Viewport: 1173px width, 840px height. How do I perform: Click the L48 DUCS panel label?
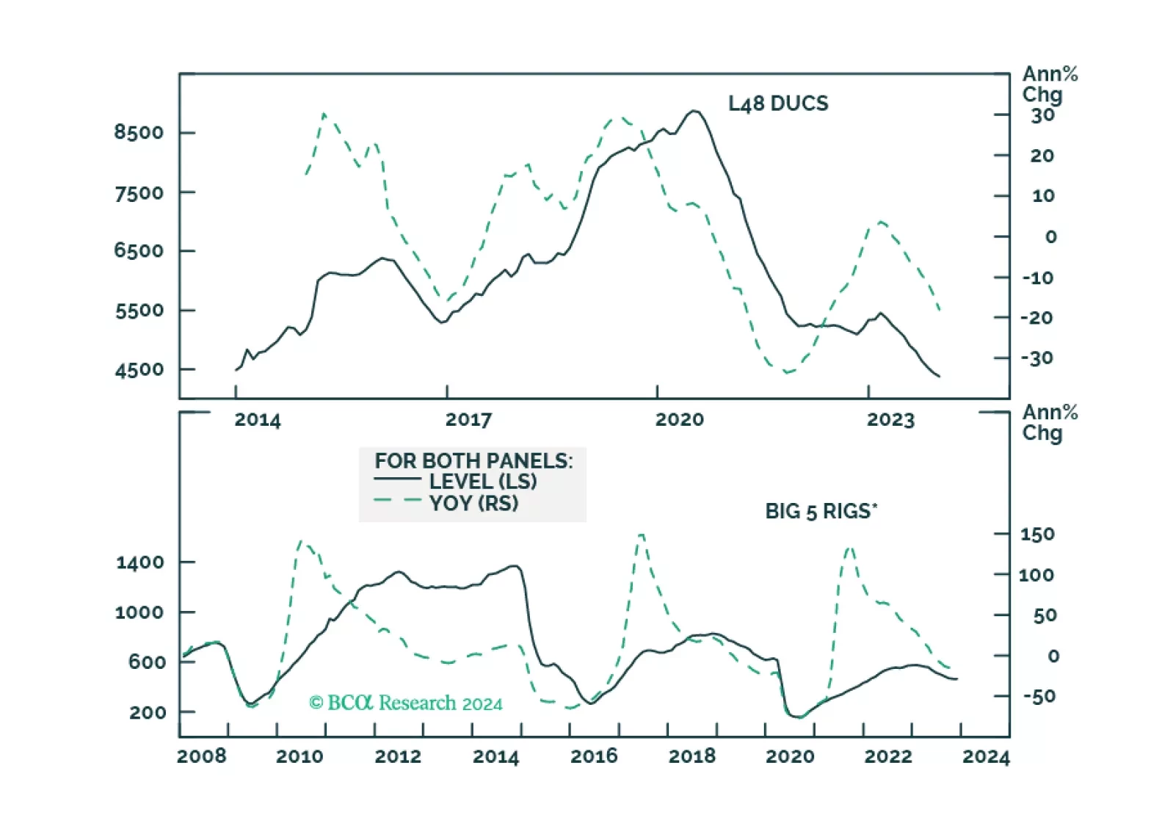(x=777, y=104)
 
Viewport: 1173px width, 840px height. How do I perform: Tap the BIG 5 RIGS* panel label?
(x=821, y=511)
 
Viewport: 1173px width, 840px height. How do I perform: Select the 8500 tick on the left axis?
(x=139, y=132)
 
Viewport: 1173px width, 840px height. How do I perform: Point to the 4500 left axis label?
(x=139, y=370)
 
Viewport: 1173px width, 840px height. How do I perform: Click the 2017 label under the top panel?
(x=468, y=420)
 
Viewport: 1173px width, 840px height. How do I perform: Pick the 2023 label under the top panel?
(x=890, y=420)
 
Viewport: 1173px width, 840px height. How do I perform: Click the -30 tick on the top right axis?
(x=1036, y=358)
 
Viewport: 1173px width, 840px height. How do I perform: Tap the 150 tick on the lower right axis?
(x=1036, y=535)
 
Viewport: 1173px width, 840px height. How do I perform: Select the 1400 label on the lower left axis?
(x=139, y=563)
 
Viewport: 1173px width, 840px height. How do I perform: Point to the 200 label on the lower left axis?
(x=148, y=712)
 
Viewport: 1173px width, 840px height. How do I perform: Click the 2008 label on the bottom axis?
(x=202, y=756)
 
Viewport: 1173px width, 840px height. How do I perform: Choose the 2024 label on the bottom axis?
(x=986, y=756)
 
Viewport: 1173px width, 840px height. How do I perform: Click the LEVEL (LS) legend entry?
(x=482, y=482)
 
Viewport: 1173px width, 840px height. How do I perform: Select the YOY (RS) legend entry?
(x=473, y=503)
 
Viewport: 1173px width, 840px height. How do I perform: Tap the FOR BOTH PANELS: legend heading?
(x=473, y=461)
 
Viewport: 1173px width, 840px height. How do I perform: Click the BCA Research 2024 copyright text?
(x=406, y=703)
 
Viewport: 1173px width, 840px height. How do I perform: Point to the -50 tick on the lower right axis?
(x=1039, y=696)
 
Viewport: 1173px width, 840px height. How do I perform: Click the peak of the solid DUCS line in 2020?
(x=694, y=111)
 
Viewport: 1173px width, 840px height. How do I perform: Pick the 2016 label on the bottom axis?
(x=594, y=756)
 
